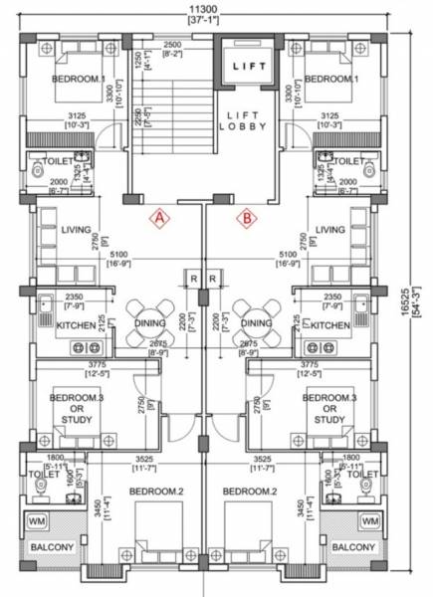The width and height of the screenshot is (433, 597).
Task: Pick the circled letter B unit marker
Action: (246, 216)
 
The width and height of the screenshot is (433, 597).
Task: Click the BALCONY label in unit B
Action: (353, 547)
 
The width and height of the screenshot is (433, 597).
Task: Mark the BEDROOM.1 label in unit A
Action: (76, 80)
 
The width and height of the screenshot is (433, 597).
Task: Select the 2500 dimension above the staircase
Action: (171, 47)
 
